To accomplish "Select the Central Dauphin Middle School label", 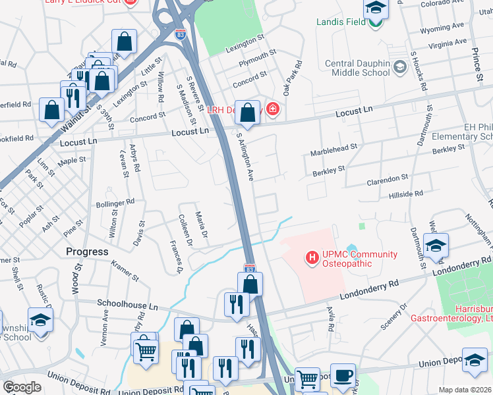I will click(x=357, y=68).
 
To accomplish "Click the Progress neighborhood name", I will click(x=87, y=251).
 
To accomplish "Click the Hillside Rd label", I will click(x=405, y=194).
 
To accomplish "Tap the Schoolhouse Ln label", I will click(x=128, y=306).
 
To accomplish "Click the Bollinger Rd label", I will click(x=115, y=202).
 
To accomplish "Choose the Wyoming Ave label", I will click(x=442, y=28).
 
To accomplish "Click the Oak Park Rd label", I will click(x=292, y=76).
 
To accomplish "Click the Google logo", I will click(x=22, y=387).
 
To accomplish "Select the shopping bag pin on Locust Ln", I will click(x=248, y=112).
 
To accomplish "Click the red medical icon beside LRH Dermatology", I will click(x=272, y=109).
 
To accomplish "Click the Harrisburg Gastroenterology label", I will click(x=465, y=313).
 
